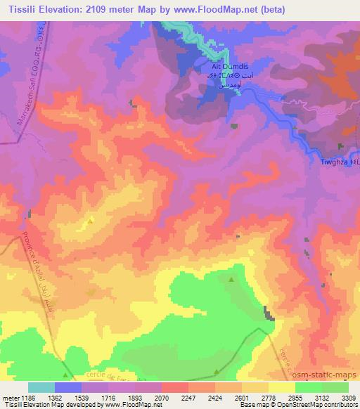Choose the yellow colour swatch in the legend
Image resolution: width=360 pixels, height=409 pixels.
click(x=281, y=387)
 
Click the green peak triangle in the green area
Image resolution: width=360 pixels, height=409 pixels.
click(x=233, y=280)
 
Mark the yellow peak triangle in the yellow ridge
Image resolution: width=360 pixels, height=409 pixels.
click(x=90, y=221)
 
